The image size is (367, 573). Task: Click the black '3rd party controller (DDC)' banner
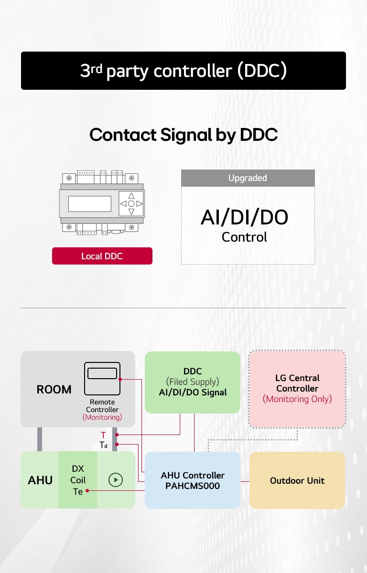pos(183,71)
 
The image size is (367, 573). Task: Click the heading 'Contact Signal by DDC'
pos(183,135)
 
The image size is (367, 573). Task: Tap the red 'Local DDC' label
pos(102,256)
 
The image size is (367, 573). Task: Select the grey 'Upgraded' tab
pos(248,178)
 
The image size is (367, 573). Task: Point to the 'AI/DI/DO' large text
pos(244,218)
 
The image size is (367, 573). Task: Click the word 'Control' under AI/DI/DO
pos(244,237)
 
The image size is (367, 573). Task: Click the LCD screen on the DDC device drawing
pos(89,204)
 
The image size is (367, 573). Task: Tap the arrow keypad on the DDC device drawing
pos(131,203)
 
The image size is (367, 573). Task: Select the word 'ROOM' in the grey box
pos(54,389)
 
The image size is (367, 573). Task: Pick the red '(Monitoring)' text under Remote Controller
pos(102,417)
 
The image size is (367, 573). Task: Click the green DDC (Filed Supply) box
pos(193,382)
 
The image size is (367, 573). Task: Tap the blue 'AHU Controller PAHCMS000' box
pos(193,480)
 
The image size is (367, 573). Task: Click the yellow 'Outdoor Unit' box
pos(297,480)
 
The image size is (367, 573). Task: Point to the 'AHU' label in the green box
pos(40,480)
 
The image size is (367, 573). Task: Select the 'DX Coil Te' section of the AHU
pos(78,480)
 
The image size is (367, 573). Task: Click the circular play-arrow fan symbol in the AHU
pos(116,480)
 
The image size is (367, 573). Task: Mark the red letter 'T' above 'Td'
pos(103,435)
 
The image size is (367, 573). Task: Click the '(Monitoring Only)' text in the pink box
pos(297,399)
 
